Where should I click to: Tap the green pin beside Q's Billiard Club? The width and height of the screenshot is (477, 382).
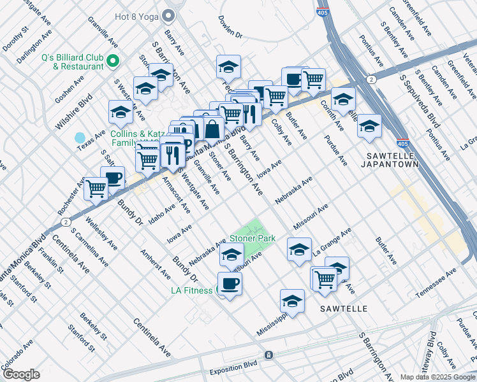[x=114, y=61]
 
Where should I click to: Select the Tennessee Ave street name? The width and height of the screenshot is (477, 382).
[x=437, y=282]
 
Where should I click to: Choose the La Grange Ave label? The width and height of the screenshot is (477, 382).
[x=332, y=242]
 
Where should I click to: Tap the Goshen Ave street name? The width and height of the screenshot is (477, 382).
[x=70, y=91]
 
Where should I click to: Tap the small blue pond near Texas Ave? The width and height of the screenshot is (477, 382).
[x=80, y=138]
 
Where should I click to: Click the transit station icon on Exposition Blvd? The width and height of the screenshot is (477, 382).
[x=268, y=354]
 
